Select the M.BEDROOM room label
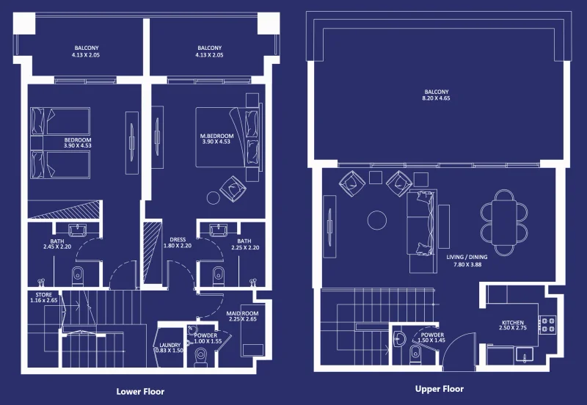[x=217, y=136]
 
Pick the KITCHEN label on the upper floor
[x=513, y=322]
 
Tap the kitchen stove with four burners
[x=547, y=324]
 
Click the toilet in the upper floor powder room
[x=415, y=354]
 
